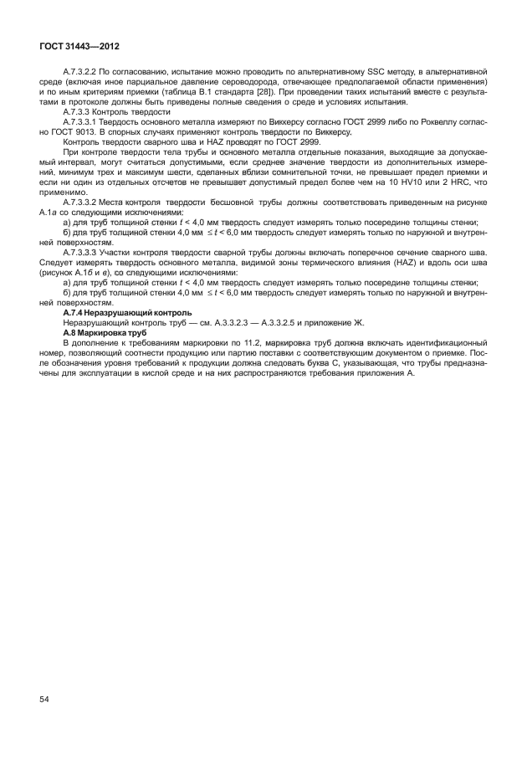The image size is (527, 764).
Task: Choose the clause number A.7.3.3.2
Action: pyautogui.click(x=84, y=203)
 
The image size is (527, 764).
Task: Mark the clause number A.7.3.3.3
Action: pyautogui.click(x=84, y=250)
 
